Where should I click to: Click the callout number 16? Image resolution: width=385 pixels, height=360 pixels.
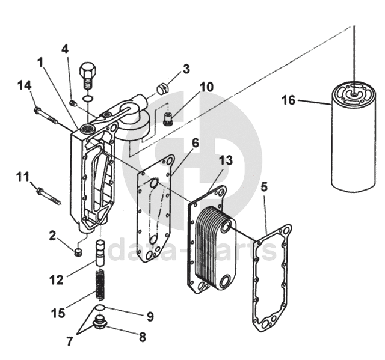coord(289,100)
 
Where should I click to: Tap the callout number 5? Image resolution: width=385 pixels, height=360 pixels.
coord(264,187)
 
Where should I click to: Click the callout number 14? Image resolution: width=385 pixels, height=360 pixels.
coord(25,85)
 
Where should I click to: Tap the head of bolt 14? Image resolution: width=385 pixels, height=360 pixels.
coord(38,109)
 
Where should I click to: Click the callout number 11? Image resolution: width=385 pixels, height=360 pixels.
coord(23,177)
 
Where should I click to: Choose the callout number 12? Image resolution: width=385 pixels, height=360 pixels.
coord(57,279)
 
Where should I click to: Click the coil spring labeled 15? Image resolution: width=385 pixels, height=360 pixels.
coord(100,285)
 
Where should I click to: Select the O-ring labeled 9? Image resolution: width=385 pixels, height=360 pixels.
coord(100,307)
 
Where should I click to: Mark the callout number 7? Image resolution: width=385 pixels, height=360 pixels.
coord(70,341)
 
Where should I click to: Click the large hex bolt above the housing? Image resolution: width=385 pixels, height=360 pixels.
coord(88,76)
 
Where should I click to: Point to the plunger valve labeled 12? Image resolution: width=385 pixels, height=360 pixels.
coord(100,253)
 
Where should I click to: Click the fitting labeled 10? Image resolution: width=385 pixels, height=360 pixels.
coord(168,118)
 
